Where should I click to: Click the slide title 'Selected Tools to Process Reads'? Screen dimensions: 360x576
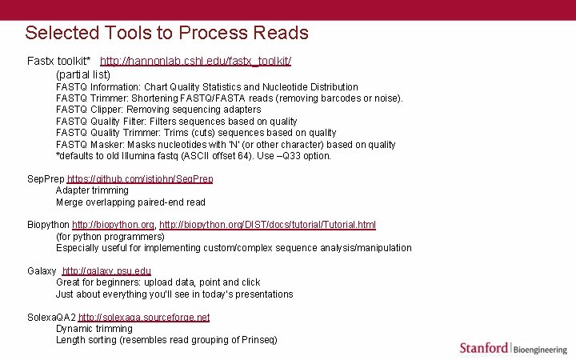pyautogui.click(x=166, y=33)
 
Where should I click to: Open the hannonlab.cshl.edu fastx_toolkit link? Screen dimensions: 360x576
pyautogui.click(x=195, y=61)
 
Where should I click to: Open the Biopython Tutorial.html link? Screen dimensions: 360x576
pyautogui.click(x=267, y=226)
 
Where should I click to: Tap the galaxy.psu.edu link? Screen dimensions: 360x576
pyautogui.click(x=106, y=271)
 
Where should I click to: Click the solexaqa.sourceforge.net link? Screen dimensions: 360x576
pyautogui.click(x=144, y=318)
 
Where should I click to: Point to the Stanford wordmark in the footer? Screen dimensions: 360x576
pyautogui.click(x=483, y=347)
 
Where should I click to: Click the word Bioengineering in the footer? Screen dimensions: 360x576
pyautogui.click(x=539, y=348)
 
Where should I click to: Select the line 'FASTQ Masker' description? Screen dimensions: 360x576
pyautogui.click(x=226, y=145)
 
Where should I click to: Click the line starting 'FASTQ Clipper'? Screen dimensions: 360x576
pyautogui.click(x=158, y=110)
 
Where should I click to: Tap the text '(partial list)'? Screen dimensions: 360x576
pyautogui.click(x=83, y=74)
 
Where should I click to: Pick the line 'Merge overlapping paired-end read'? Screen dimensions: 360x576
pyautogui.click(x=130, y=202)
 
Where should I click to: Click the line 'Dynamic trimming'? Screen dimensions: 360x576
pyautogui.click(x=94, y=329)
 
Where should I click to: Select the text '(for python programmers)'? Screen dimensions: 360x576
pyautogui.click(x=110, y=237)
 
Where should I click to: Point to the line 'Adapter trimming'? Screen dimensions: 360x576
pyautogui.click(x=92, y=190)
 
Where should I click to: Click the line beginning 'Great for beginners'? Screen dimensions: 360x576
pyautogui.click(x=158, y=282)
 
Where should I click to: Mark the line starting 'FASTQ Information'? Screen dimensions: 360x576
pyautogui.click(x=207, y=86)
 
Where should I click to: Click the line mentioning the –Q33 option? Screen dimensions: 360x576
pyautogui.click(x=194, y=156)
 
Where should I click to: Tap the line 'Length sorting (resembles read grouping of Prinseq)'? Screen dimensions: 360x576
pyautogui.click(x=166, y=340)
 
